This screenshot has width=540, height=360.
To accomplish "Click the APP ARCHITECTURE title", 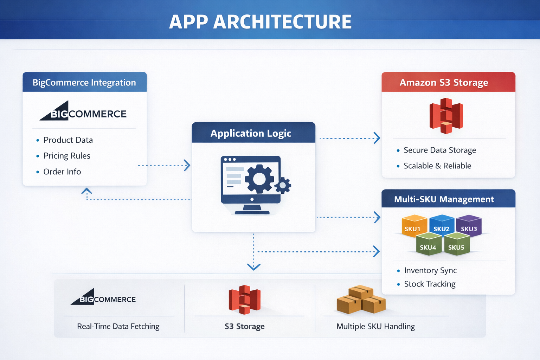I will [x=260, y=22].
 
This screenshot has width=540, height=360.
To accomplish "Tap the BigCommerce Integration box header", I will [x=84, y=82].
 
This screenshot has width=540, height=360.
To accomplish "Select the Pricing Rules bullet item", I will [x=67, y=156].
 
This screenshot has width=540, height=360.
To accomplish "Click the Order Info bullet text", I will [x=62, y=172].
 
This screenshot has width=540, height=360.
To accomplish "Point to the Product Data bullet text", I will [x=68, y=140].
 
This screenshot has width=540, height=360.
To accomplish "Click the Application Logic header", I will [x=251, y=133].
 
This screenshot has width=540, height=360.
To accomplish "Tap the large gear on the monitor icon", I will [x=259, y=179].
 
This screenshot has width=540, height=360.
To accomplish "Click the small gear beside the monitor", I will [x=283, y=186].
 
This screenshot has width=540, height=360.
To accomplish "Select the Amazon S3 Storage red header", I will [x=444, y=82].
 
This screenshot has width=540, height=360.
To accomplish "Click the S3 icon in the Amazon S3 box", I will [x=446, y=116].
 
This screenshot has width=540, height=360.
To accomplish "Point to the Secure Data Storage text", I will [x=439, y=150].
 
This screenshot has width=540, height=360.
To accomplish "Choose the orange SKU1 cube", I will [x=413, y=226].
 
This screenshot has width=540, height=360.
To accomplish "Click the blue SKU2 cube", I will [x=442, y=225].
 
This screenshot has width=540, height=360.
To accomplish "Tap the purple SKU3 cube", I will [x=469, y=226].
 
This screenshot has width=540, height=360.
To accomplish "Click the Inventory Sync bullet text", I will [x=430, y=270].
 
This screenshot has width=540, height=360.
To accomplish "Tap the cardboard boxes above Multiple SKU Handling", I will [x=361, y=300].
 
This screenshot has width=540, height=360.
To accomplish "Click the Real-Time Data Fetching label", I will [x=118, y=326].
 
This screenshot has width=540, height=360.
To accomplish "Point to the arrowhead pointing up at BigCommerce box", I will [x=87, y=191].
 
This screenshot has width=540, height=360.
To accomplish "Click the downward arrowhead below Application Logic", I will [x=253, y=267].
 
